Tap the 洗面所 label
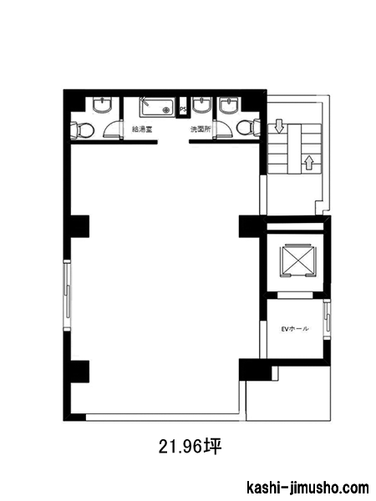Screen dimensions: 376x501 [x=201, y=129]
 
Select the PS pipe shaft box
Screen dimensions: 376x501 [x=183, y=109]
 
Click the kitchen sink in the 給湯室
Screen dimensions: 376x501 [x=157, y=108]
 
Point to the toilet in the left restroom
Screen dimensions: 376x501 [x=82, y=130]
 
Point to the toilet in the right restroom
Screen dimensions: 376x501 [x=249, y=127]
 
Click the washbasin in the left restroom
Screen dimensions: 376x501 [x=102, y=105]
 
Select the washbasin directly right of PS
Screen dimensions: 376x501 [x=201, y=105]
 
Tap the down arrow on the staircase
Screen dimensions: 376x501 [x=279, y=126]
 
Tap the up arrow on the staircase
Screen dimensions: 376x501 [x=308, y=162]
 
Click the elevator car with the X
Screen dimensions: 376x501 [x=297, y=261]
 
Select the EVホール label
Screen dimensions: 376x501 [x=295, y=328]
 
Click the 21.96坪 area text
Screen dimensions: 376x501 [x=190, y=447]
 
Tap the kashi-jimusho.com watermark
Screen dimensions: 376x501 [x=307, y=488]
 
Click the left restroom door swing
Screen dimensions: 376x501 [x=113, y=129]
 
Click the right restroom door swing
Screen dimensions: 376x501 [x=223, y=129]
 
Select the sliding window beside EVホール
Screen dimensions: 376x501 [x=327, y=320]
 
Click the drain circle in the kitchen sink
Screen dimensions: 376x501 [x=166, y=110]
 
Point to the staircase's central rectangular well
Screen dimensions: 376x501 [x=294, y=149]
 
